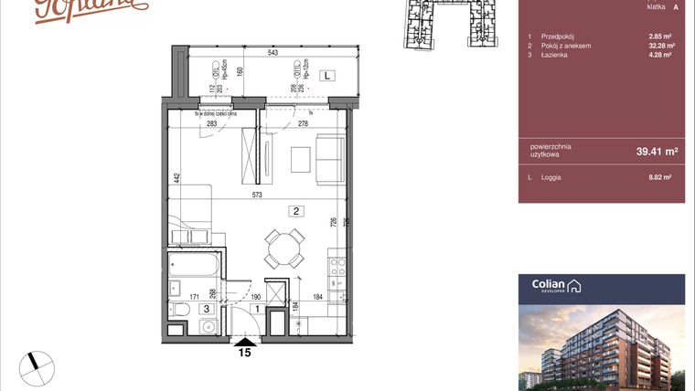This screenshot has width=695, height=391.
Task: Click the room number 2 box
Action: coord(297,210)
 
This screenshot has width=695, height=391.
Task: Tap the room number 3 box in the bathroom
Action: coord(207,310)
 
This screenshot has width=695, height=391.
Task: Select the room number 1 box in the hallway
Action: coord(258,309)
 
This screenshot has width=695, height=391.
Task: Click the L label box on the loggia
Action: coord(327,77)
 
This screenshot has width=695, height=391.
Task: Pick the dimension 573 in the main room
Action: coord(262,195)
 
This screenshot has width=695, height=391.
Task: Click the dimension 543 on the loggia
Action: coord(273,54)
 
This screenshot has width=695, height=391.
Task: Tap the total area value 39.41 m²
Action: coord(657,152)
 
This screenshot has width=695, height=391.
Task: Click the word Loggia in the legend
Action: coord(551,176)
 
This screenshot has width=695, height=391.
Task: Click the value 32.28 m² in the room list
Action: coord(661,46)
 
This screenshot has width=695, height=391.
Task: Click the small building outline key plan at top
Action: coord(444,22)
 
